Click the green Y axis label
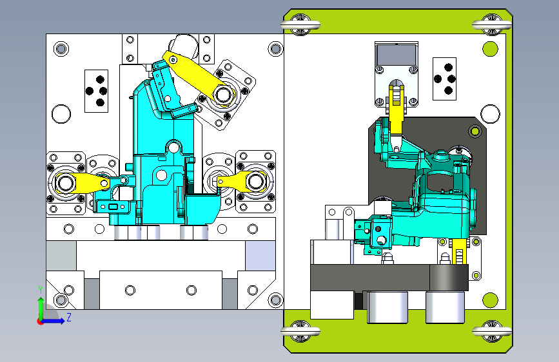tap(41, 289)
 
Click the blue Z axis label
tap(69, 317)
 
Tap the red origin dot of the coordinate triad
tap(40, 321)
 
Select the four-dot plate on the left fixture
tap(96, 91)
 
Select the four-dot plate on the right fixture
tap(445, 79)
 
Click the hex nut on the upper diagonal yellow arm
tap(223, 95)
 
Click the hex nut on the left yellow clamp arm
tap(65, 183)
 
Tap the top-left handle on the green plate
tap(300, 24)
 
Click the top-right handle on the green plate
tap(492, 24)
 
